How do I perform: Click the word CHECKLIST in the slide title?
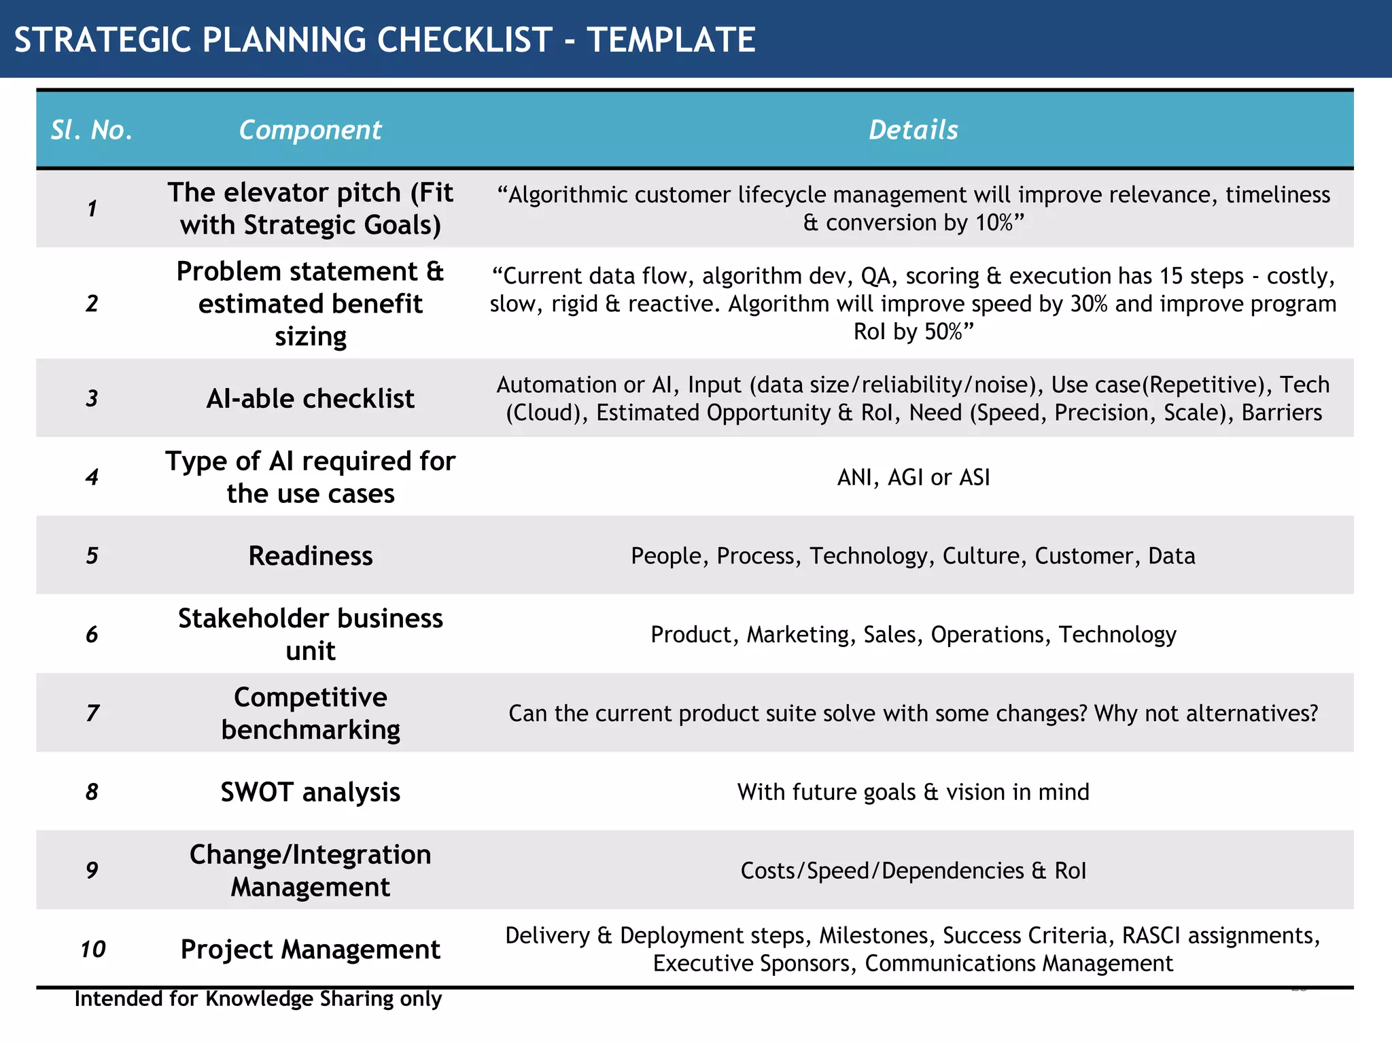[464, 39]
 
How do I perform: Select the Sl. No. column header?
[92, 130]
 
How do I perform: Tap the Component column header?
[310, 130]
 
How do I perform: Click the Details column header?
[913, 130]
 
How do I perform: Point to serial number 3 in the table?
[92, 398]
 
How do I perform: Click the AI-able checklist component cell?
[310, 399]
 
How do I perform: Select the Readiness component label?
[310, 556]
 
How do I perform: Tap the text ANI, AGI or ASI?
[913, 477]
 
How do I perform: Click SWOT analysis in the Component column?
[310, 793]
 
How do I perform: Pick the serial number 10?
[93, 950]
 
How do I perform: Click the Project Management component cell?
[310, 950]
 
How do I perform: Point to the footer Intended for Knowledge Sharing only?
[258, 998]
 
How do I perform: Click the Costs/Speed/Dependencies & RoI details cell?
[913, 871]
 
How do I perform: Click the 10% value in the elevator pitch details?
[995, 223]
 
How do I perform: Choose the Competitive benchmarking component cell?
[310, 714]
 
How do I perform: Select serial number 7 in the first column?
[92, 714]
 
